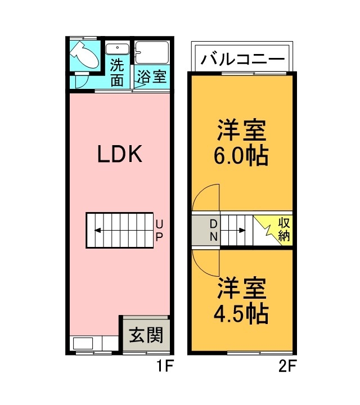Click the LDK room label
tap(119, 154)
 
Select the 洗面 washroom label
tap(117, 73)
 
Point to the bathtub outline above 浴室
tap(152, 53)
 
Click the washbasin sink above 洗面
tap(118, 49)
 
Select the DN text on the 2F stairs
tap(214, 230)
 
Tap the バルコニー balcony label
tap(241, 58)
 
